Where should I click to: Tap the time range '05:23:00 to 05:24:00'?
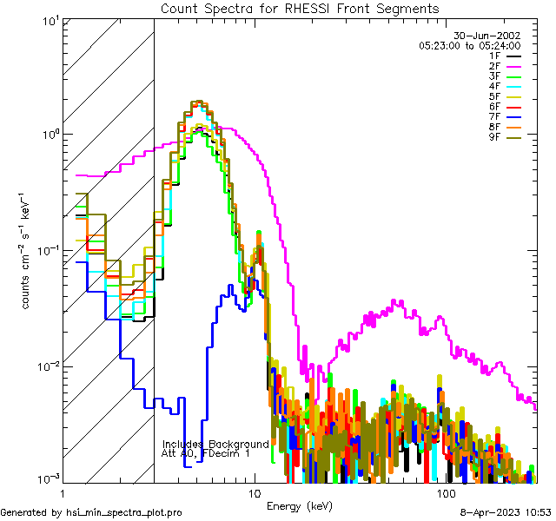coord(469,45)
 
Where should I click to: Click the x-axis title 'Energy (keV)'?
coord(299,505)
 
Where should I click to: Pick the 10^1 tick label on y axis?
coord(50,21)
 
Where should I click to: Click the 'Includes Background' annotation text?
coord(215,444)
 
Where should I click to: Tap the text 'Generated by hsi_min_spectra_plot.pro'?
coord(92,512)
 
